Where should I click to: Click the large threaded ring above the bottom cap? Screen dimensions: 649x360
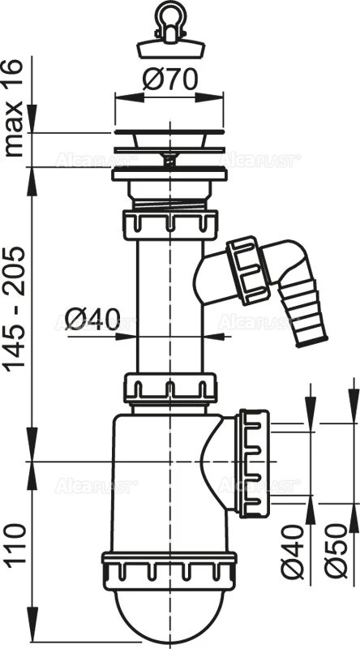tap(169, 568)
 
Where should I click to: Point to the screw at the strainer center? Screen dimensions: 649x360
tap(169, 159)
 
